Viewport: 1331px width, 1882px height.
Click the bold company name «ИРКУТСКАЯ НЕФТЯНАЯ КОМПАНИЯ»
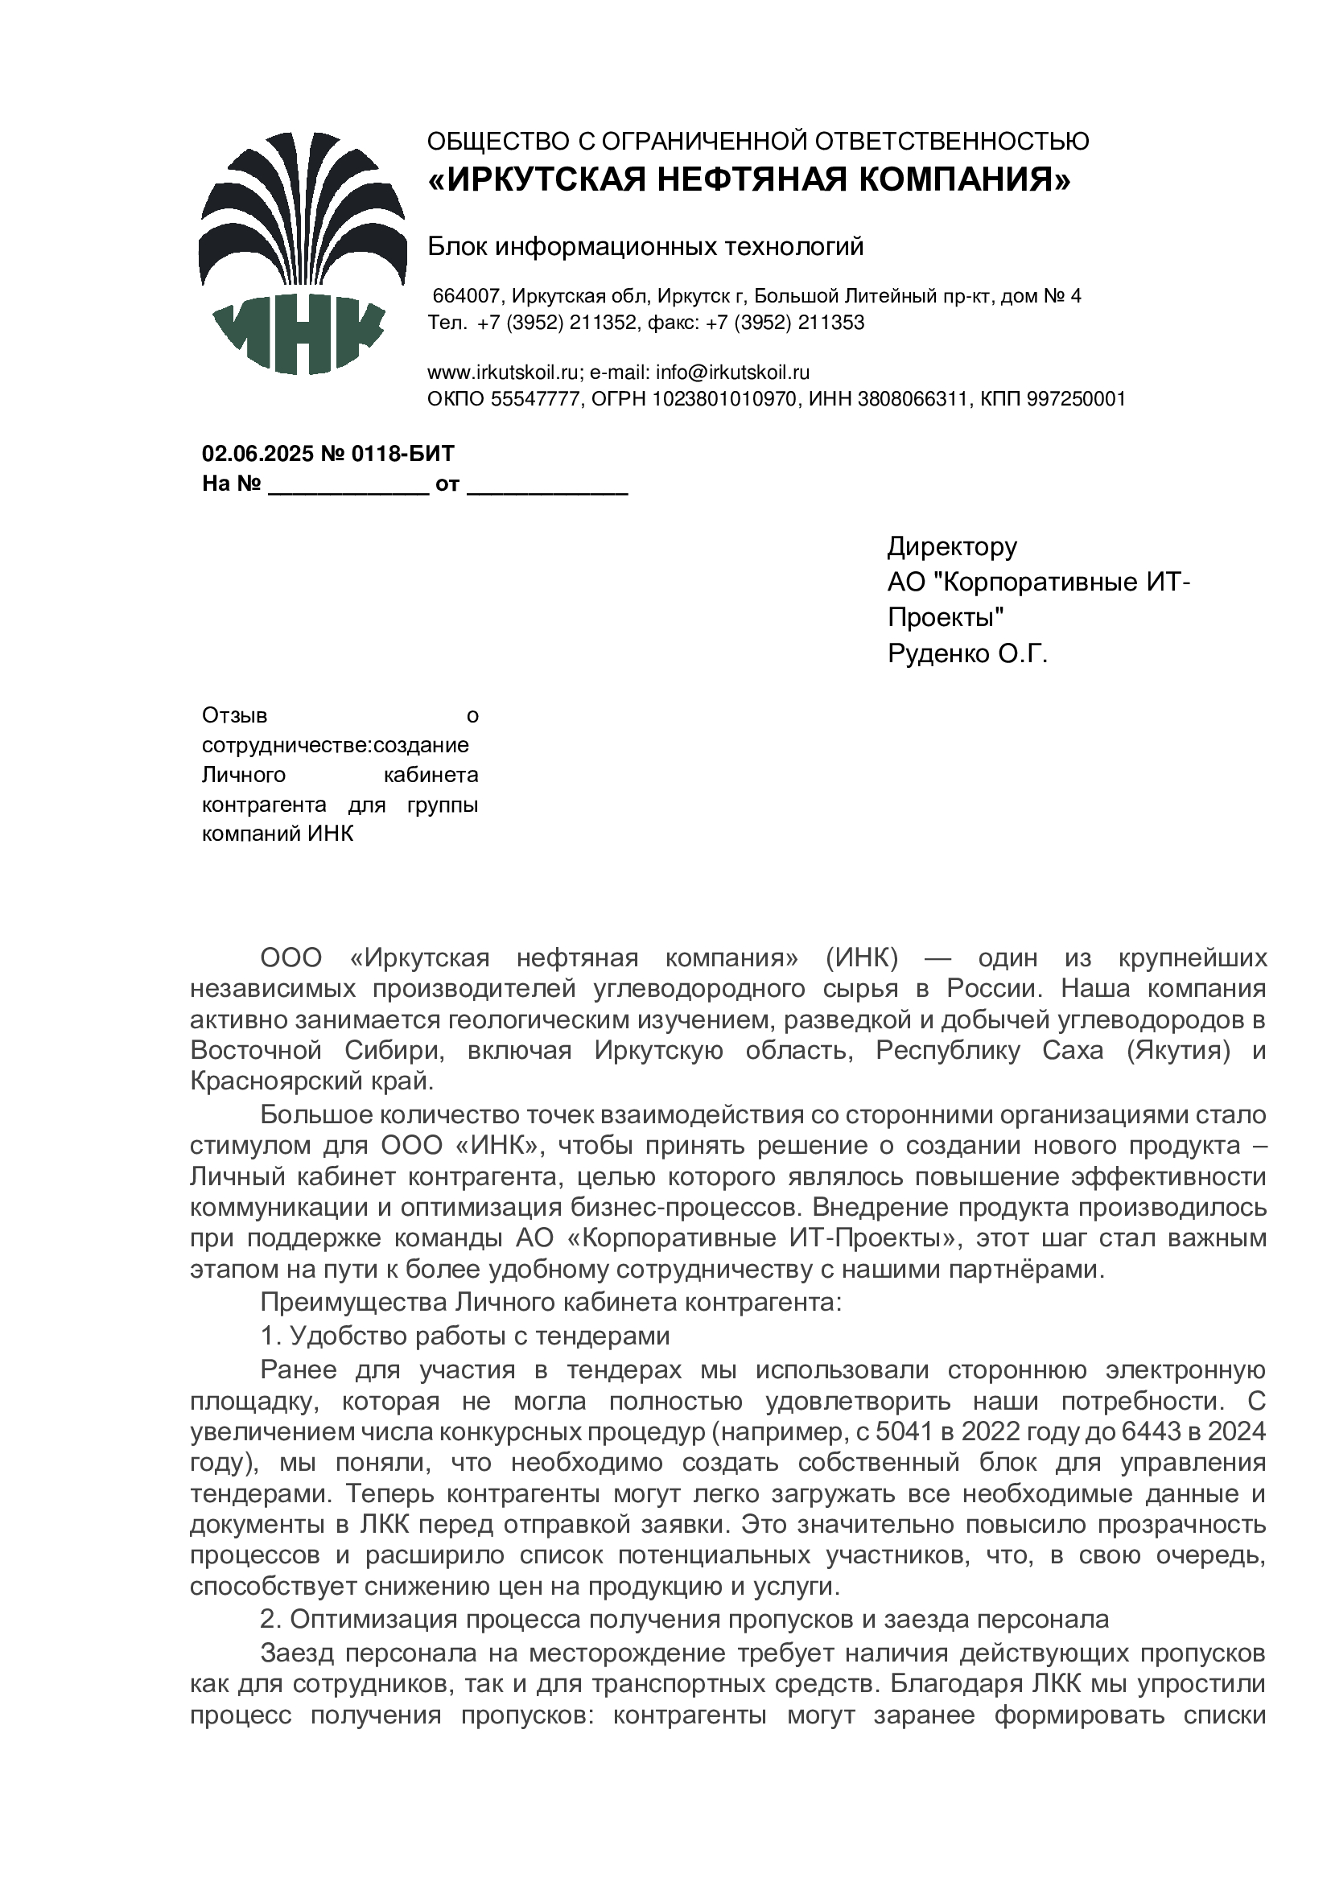click(x=748, y=179)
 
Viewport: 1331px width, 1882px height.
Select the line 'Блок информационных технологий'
click(x=645, y=246)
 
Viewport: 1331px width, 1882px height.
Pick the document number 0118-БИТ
click(x=402, y=453)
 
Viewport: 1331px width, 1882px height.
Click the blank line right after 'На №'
click(x=348, y=485)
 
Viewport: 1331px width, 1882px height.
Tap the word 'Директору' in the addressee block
click(x=951, y=546)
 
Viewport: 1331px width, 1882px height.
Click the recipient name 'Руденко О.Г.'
click(x=967, y=653)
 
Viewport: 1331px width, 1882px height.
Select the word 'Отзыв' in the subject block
click(x=234, y=715)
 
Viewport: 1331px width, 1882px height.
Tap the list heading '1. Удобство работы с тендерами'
click(x=464, y=1336)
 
